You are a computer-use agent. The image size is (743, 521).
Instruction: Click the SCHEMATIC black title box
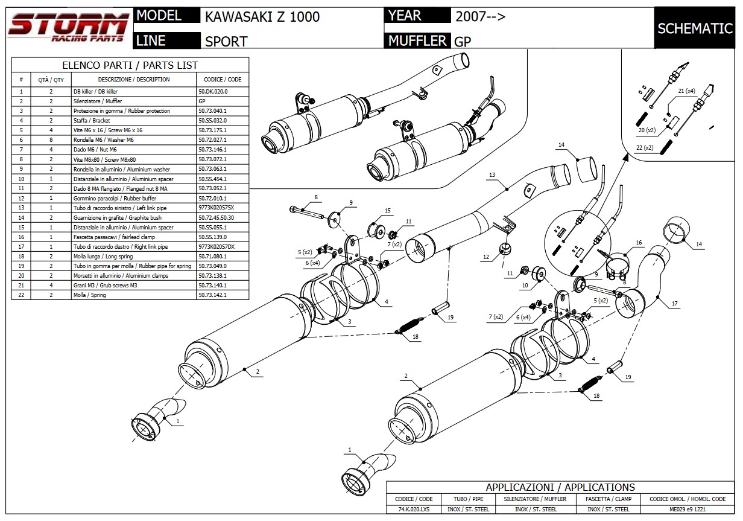695,28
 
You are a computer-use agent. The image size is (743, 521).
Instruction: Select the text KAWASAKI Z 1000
262,16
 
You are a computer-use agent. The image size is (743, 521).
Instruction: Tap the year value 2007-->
480,16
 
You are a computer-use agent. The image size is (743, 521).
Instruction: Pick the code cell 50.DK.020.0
213,91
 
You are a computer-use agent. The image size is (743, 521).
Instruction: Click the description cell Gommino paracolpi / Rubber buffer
115,198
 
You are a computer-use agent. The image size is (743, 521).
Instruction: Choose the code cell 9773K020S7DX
217,246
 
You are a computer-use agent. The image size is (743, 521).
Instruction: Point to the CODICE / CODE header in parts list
222,79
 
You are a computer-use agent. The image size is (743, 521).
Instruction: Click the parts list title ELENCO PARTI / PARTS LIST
130,65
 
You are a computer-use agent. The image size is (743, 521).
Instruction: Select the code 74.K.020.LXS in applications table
414,509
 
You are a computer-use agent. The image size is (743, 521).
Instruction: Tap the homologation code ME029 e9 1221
688,509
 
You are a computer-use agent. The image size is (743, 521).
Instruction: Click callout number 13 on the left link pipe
492,174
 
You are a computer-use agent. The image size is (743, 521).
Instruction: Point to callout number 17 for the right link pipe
674,304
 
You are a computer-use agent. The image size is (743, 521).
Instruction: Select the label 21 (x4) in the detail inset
686,91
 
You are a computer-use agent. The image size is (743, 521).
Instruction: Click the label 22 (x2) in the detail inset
644,147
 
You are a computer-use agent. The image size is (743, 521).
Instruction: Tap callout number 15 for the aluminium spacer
387,211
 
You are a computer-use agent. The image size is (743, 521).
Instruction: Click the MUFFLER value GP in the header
463,41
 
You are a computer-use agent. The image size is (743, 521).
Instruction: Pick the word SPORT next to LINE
226,41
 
